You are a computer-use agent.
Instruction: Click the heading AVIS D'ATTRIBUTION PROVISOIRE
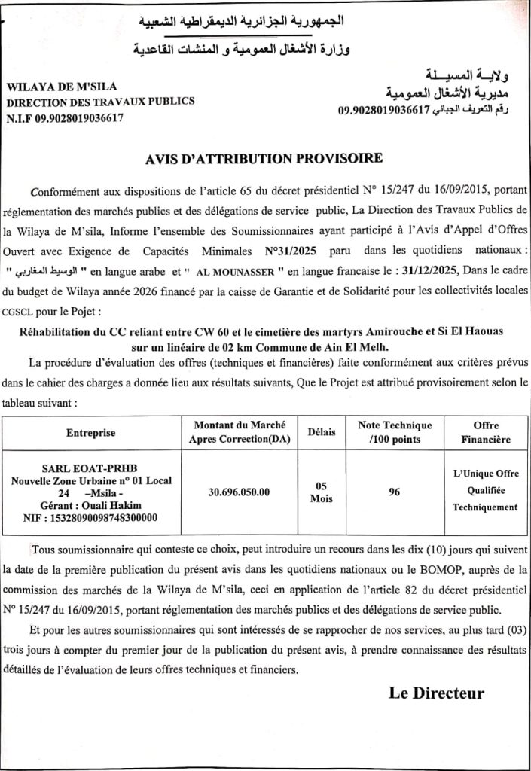tap(266, 158)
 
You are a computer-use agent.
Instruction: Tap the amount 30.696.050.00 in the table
tap(238, 492)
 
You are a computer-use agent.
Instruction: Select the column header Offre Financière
tap(485, 432)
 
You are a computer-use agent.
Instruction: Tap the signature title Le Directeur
tap(436, 693)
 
